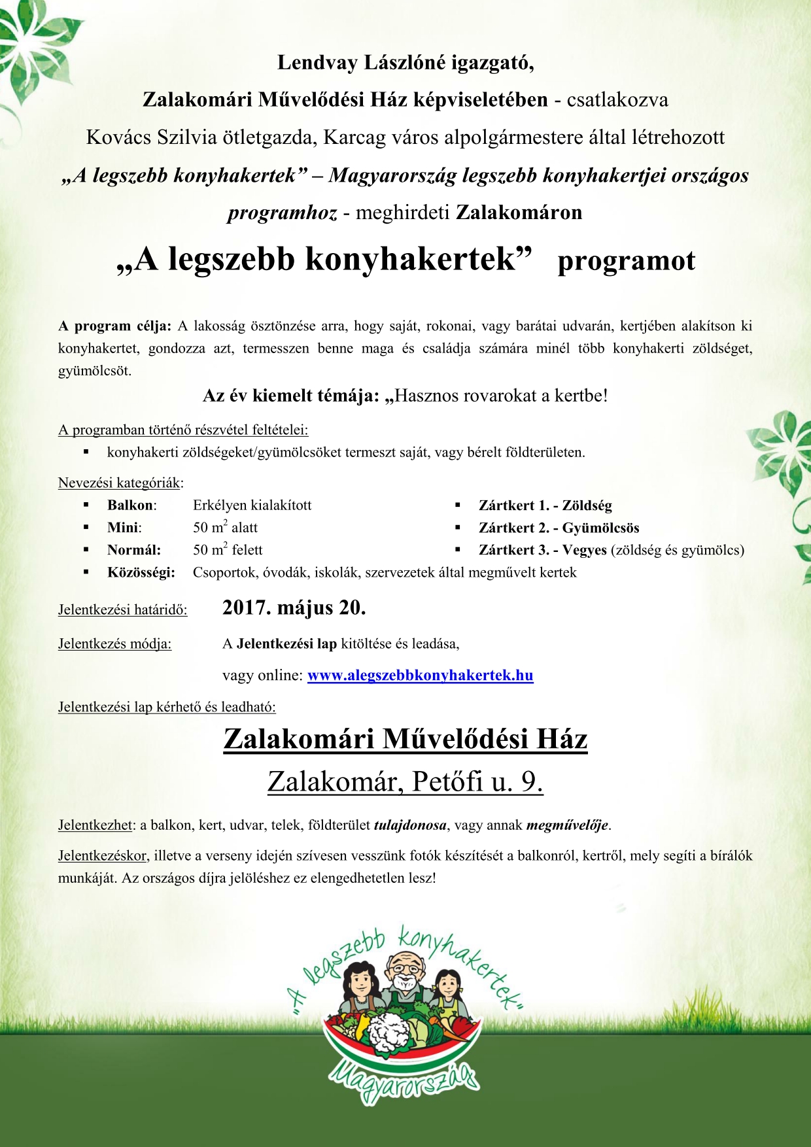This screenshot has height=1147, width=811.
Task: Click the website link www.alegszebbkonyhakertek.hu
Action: click(420, 676)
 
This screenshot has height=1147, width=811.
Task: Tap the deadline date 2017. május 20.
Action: click(294, 608)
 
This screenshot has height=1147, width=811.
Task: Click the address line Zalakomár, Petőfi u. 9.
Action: click(405, 781)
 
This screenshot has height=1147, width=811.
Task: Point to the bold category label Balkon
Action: click(131, 505)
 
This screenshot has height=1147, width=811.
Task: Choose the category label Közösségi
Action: click(141, 573)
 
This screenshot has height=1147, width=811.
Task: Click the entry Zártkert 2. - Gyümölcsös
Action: click(559, 528)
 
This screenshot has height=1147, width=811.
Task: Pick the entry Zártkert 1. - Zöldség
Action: click(545, 505)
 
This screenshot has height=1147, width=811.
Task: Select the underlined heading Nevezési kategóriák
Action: click(119, 483)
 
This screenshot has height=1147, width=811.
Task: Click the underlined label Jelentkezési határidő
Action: click(122, 610)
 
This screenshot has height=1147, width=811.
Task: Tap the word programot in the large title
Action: click(626, 261)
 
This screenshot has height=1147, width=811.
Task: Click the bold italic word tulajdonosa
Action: click(410, 825)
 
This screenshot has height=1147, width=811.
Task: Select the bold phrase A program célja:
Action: click(114, 326)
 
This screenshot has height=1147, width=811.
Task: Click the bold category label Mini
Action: click(124, 528)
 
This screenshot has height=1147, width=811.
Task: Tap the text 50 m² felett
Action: click(227, 550)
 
